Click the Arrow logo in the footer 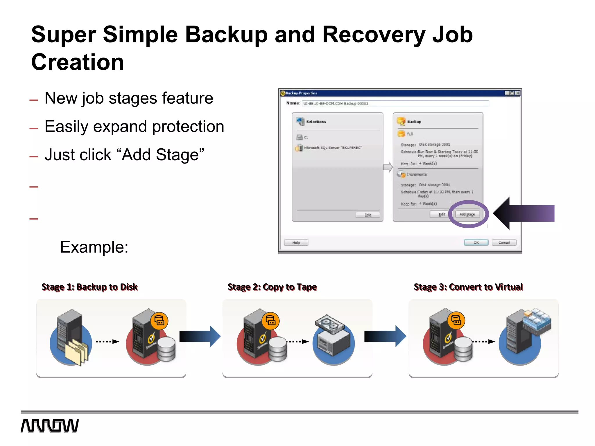pyautogui.click(x=50, y=426)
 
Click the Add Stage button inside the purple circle pyautogui.click(x=467, y=215)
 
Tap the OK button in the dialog pyautogui.click(x=476, y=242)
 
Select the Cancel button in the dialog pyautogui.click(x=504, y=242)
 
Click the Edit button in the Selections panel pyautogui.click(x=368, y=215)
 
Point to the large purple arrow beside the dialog pyautogui.click(x=523, y=213)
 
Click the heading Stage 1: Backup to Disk pyautogui.click(x=89, y=287)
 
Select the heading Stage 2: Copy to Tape pyautogui.click(x=272, y=287)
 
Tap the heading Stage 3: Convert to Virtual pyautogui.click(x=468, y=287)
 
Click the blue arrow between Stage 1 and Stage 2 pyautogui.click(x=200, y=336)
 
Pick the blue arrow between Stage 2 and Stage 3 pyautogui.click(x=385, y=336)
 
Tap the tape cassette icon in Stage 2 pyautogui.click(x=329, y=323)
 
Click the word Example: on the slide pyautogui.click(x=94, y=247)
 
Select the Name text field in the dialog pyautogui.click(x=395, y=103)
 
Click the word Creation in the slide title pyautogui.click(x=78, y=62)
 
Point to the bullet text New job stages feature pyautogui.click(x=129, y=98)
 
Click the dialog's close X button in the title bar pyautogui.click(x=517, y=93)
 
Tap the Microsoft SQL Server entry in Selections pyautogui.click(x=332, y=148)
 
